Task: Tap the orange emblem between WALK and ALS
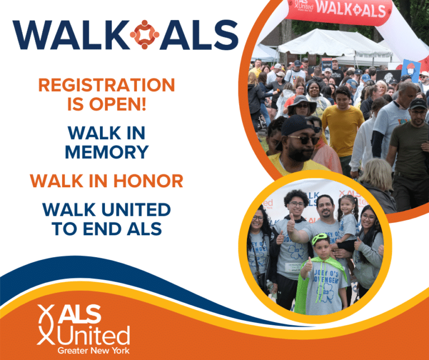pos(145,35)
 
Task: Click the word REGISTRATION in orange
pos(106,85)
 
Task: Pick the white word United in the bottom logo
pos(92,335)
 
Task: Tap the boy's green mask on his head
pos(320,239)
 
